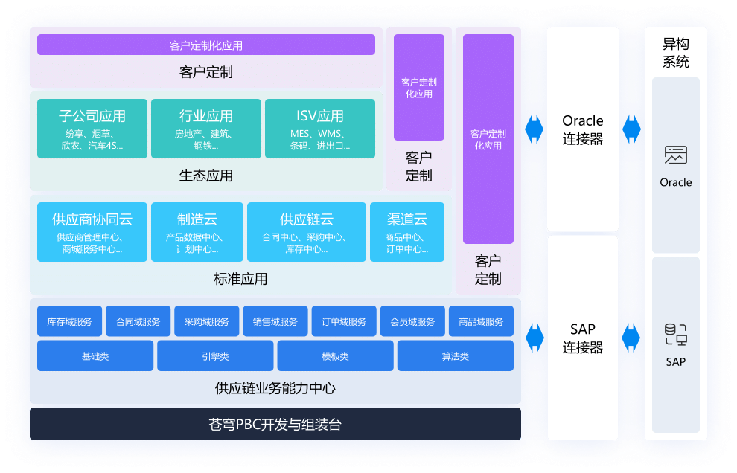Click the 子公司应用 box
pyautogui.click(x=92, y=129)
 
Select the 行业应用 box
pyautogui.click(x=206, y=129)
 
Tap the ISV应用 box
pyautogui.click(x=320, y=129)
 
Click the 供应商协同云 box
pyautogui.click(x=92, y=232)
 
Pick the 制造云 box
pyautogui.click(x=197, y=232)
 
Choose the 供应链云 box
pyautogui.click(x=306, y=232)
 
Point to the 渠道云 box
pyautogui.click(x=407, y=232)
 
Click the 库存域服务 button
pyautogui.click(x=69, y=322)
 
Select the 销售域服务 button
pyautogui.click(x=275, y=322)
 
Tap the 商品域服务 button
pyautogui.click(x=481, y=322)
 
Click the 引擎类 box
pyautogui.click(x=215, y=356)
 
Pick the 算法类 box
pyautogui.click(x=456, y=356)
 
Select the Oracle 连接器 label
pyautogui.click(x=583, y=129)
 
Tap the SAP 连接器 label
pyautogui.click(x=583, y=338)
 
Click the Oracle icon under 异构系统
pyautogui.click(x=675, y=155)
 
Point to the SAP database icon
pyautogui.click(x=675, y=335)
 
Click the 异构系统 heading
pyautogui.click(x=675, y=54)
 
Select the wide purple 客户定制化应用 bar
pyautogui.click(x=206, y=45)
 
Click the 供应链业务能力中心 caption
pyautogui.click(x=275, y=388)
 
